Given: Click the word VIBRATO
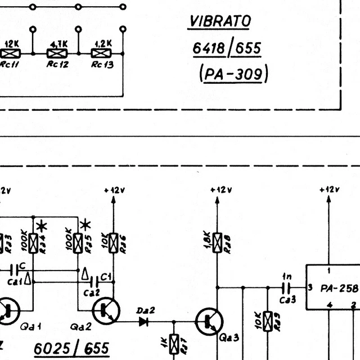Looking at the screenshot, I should coord(220,21).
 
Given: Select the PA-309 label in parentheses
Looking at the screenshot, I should coord(233,73).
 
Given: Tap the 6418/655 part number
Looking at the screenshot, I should coord(227,48).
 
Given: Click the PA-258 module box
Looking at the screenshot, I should coord(332,287).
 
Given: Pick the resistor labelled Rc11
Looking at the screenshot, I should coord(11,53).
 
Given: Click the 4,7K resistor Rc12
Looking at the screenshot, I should coord(56,53).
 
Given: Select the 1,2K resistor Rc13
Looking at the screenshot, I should coord(101,53).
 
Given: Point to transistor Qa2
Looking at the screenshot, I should coord(105,310).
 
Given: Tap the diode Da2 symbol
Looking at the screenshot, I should coord(143,322).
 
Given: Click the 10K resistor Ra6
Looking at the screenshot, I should coord(114,242).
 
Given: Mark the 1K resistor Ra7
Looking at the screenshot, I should coord(174,341).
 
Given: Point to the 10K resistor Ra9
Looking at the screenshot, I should coord(268,321).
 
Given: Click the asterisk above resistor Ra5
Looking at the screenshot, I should coord(85,226).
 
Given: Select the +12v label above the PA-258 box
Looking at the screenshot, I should coord(330,190).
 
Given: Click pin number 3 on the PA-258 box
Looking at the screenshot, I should coord(310,287).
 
